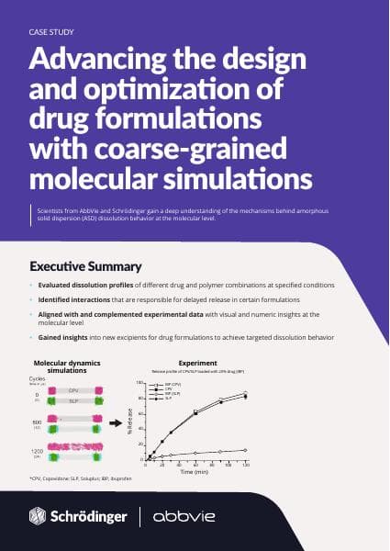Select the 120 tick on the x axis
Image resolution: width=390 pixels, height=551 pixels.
[x=246, y=464]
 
